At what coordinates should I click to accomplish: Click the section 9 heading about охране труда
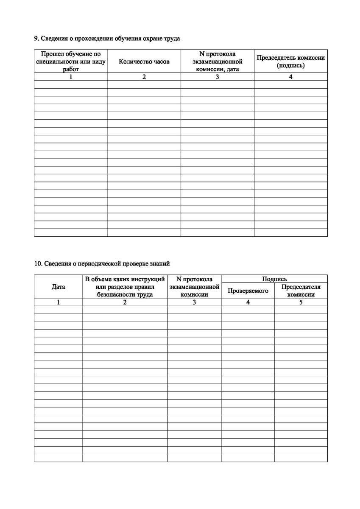107,39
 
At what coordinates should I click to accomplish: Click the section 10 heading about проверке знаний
102,263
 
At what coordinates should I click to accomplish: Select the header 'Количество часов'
144,62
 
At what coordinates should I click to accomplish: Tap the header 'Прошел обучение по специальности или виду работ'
71,62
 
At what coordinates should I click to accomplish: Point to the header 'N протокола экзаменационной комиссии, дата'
217,62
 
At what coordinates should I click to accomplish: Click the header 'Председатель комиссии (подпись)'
291,62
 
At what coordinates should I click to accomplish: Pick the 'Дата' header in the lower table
58,287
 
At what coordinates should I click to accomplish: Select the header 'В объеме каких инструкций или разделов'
125,287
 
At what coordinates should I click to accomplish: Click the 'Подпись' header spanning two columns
274,279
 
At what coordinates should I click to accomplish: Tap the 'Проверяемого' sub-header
248,291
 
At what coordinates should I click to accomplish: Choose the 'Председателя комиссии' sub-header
301,291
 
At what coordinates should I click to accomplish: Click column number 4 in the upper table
291,77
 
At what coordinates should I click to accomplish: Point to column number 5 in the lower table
301,302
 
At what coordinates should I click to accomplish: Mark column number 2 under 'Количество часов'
144,77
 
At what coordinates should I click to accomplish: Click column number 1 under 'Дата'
58,302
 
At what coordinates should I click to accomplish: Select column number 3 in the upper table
217,77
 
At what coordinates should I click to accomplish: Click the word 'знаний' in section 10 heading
161,263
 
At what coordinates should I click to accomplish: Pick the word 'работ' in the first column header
71,70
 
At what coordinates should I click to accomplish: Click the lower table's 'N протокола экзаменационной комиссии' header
194,287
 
